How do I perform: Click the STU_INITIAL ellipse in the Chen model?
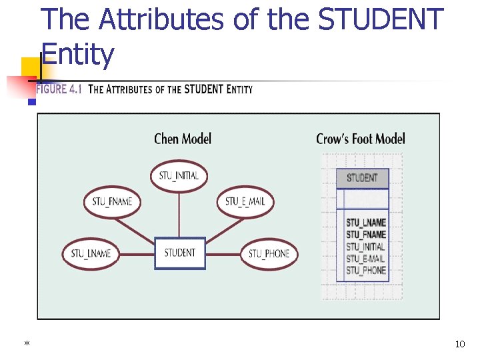tap(179, 177)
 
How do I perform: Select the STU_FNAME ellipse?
tap(112, 201)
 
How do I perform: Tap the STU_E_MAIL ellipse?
tap(245, 201)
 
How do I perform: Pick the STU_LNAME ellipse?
tap(91, 253)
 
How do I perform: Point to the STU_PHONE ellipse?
tap(269, 253)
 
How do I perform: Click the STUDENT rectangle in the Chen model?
tap(180, 253)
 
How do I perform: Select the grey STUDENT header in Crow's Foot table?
tap(362, 178)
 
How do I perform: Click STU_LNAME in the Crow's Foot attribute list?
tap(365, 222)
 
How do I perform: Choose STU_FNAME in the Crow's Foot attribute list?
tap(365, 235)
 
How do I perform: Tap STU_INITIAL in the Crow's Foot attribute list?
tap(365, 247)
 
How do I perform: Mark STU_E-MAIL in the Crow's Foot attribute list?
tap(365, 259)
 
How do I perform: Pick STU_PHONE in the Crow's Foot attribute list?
tap(365, 271)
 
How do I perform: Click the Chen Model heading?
tap(183, 139)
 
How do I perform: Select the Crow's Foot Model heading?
tap(360, 139)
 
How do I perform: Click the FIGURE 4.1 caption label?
tap(59, 89)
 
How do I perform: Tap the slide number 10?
tap(459, 345)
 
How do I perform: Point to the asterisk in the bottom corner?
tap(27, 345)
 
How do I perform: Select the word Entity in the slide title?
tap(78, 55)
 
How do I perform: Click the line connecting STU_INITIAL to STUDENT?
tap(179, 213)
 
